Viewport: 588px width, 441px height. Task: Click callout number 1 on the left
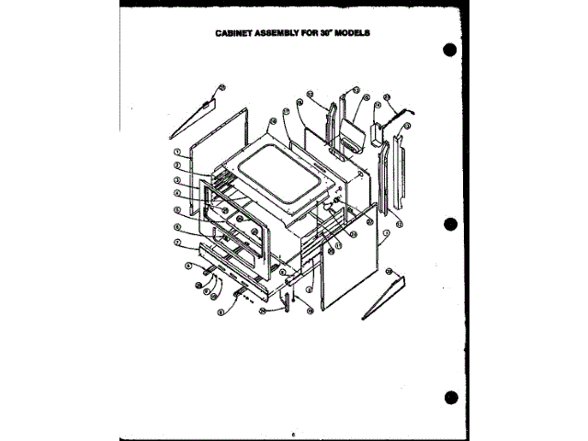coord(175,151)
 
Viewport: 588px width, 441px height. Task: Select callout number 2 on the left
coord(175,166)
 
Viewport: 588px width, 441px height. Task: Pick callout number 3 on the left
coord(175,180)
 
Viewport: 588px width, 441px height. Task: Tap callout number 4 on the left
coord(175,194)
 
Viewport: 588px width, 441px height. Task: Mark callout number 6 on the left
coord(175,226)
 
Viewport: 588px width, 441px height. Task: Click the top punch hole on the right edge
coord(449,51)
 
